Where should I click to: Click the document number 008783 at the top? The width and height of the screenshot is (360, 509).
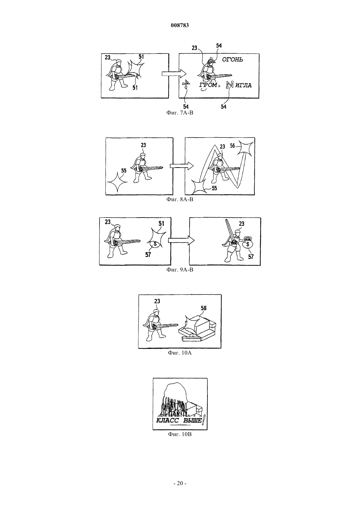coord(180,25)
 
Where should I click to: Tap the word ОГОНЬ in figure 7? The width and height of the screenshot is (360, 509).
coord(232,60)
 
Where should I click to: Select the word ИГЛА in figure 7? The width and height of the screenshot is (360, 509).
coord(243,85)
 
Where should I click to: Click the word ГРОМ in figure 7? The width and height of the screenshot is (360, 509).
coord(208,85)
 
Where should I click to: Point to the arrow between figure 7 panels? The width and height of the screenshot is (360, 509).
coord(174,73)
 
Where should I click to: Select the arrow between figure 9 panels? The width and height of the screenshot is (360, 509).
coord(181,240)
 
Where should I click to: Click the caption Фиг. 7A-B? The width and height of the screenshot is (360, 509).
coord(180,113)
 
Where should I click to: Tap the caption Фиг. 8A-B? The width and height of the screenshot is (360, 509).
coord(180,200)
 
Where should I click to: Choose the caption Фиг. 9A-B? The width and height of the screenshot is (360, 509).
coord(180,270)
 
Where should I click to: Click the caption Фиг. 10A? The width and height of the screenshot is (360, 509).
coord(180,353)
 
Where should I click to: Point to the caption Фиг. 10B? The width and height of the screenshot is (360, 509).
coord(180,434)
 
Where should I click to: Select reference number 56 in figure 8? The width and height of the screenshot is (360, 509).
coord(232,146)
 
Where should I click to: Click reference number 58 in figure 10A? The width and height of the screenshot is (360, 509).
coord(204,308)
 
